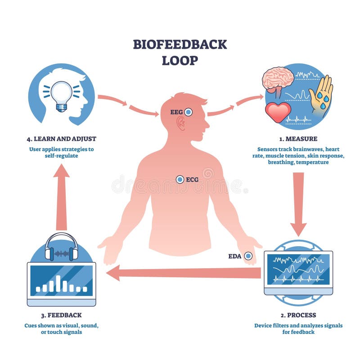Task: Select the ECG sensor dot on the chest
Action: coord(180,180)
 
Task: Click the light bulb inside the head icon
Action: coord(61,95)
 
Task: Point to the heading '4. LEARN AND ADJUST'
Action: coord(61,139)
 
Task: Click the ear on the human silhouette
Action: coord(181,123)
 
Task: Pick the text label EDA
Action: coord(235,256)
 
